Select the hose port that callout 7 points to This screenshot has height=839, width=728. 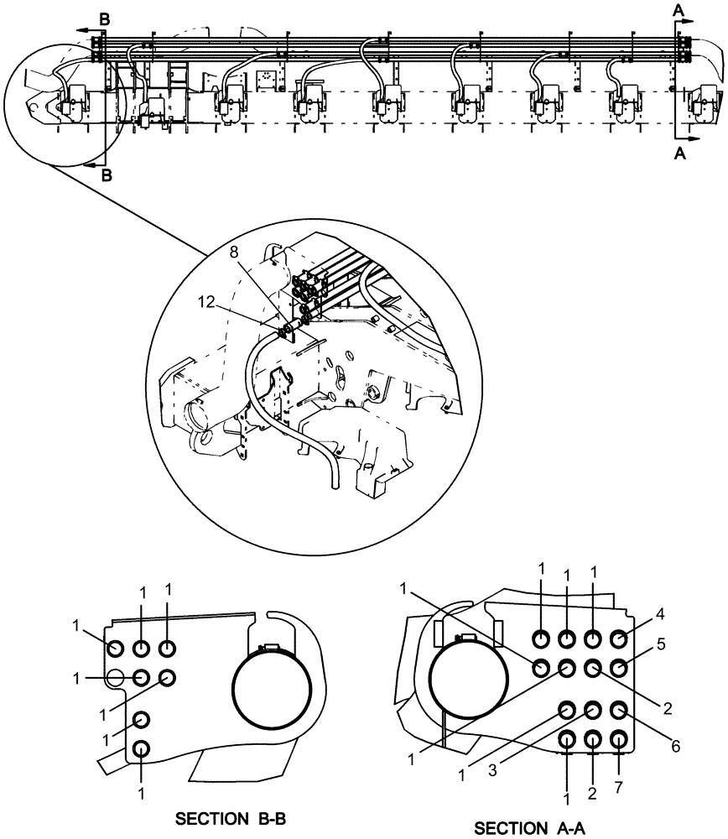619,740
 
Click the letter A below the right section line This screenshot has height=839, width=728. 679,154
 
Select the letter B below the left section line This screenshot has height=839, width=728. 106,175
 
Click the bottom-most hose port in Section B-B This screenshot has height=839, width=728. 141,748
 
